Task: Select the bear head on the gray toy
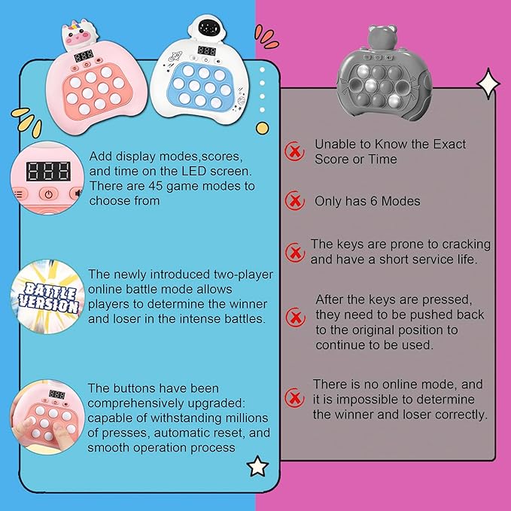coord(382,37)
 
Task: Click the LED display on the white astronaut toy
coord(207,51)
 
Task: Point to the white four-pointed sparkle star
coord(488,84)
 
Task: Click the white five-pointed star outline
coord(258,467)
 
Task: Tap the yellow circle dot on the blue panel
coord(263,128)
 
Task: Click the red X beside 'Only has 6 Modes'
coord(294,200)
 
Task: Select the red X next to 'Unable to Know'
coord(294,151)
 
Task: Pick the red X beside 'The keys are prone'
coord(295,252)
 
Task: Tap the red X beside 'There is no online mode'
coord(294,397)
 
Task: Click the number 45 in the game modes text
coord(156,186)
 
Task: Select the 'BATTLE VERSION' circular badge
coord(47,297)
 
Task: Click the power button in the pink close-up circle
coord(49,194)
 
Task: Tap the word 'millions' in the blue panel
coord(247,418)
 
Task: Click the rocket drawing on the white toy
coord(175,57)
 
